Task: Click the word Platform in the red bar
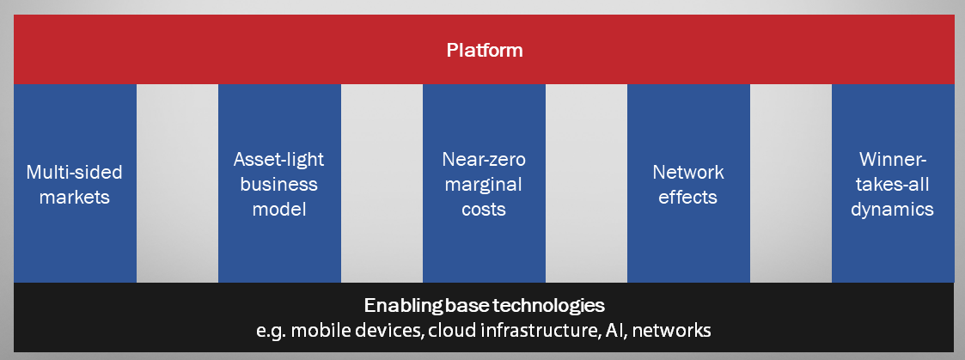tap(485, 50)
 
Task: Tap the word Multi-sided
tap(75, 172)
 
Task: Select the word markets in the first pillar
tap(75, 197)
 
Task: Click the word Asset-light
tap(278, 160)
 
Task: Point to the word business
tap(278, 184)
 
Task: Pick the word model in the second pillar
tap(279, 210)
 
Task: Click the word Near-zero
tap(484, 160)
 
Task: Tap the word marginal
tap(484, 186)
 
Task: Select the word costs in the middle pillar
tap(484, 210)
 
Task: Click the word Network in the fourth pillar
tap(688, 172)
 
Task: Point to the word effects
tap(688, 197)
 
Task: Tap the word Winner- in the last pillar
tap(892, 160)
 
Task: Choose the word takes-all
tap(892, 185)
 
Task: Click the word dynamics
tap(892, 210)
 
